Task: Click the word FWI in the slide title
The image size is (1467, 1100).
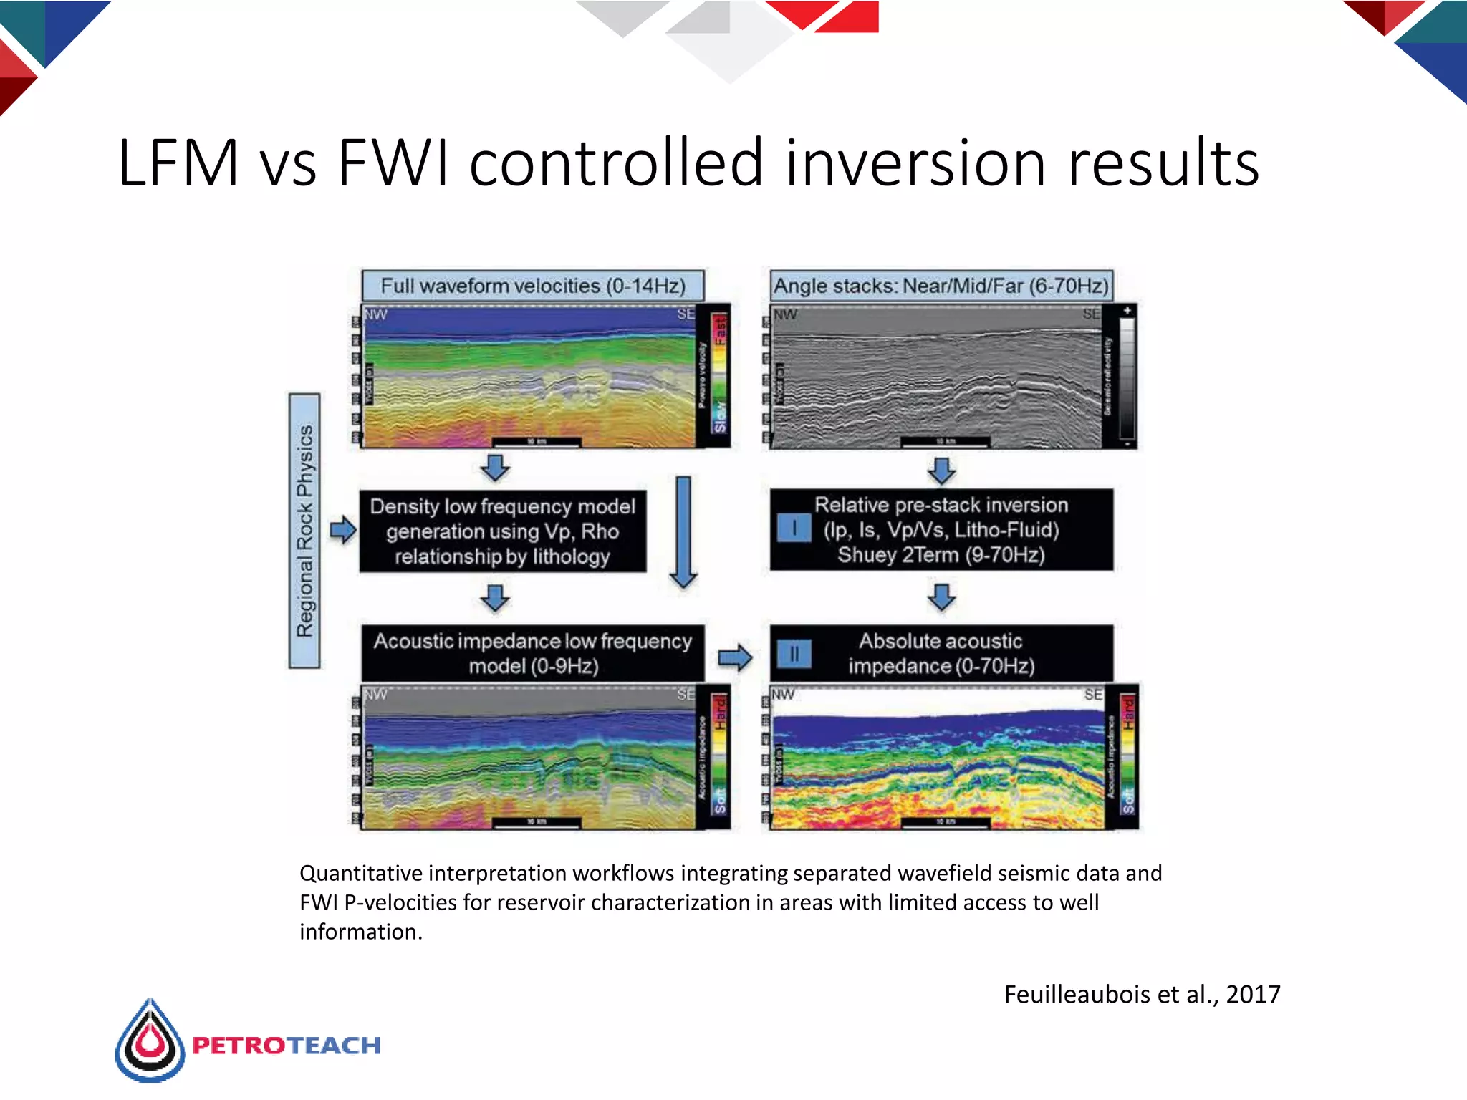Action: pos(393,163)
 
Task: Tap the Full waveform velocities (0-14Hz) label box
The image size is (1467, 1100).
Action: pos(532,286)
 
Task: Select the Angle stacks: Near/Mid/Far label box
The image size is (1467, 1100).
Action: pos(941,286)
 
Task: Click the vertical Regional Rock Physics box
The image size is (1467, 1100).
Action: pos(304,531)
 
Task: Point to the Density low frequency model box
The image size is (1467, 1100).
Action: pos(502,531)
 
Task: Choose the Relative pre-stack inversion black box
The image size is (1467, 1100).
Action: pos(941,530)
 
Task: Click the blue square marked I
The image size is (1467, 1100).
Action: pos(794,529)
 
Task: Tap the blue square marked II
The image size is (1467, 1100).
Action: pos(794,653)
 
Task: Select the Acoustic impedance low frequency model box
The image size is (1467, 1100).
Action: pos(532,653)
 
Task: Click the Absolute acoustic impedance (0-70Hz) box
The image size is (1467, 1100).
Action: pos(941,653)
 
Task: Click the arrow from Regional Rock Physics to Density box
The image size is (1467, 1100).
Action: pos(343,531)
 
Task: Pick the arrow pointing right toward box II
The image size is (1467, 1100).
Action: pos(735,657)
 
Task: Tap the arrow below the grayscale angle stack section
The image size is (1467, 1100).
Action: pos(941,471)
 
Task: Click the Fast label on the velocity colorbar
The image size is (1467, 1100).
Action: pos(720,330)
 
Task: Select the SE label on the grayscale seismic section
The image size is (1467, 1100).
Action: pos(1091,314)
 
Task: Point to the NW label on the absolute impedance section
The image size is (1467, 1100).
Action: pos(782,694)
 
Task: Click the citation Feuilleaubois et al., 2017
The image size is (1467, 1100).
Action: pos(1142,995)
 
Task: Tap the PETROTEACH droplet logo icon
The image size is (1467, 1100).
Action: pos(150,1042)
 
